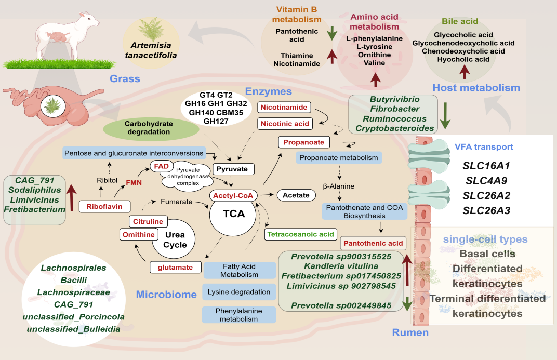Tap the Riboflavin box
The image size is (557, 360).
pos(104,207)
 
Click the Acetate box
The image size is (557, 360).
pos(296,195)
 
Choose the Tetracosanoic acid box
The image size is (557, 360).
pos(301,234)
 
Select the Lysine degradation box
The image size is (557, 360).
pos(239,292)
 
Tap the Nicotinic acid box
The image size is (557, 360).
pos(284,124)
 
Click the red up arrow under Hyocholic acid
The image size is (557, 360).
pos(463,72)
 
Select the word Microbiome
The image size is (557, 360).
pos(166,295)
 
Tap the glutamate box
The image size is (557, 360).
pos(175,268)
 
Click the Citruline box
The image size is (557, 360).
pos(144,222)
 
